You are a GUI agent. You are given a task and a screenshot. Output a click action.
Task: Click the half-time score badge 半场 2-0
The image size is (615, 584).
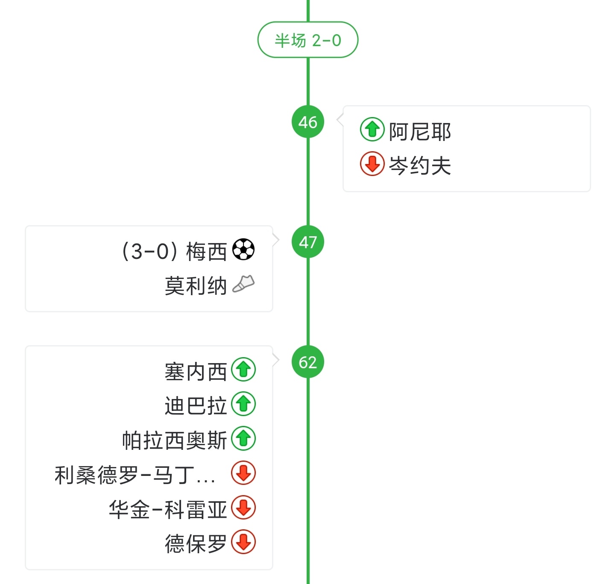pyautogui.click(x=307, y=40)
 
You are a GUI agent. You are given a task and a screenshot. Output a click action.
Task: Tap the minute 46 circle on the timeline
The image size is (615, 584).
pyautogui.click(x=307, y=122)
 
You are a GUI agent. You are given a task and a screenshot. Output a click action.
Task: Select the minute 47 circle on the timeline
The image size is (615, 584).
pyautogui.click(x=307, y=242)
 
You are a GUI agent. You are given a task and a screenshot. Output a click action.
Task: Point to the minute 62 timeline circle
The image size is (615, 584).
pyautogui.click(x=307, y=362)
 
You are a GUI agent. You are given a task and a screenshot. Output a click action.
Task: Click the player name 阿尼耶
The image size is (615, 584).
pyautogui.click(x=420, y=131)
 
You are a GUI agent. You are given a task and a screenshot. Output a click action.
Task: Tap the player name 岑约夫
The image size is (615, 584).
pyautogui.click(x=420, y=165)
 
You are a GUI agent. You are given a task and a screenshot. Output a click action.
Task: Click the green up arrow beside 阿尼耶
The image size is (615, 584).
pyautogui.click(x=372, y=129)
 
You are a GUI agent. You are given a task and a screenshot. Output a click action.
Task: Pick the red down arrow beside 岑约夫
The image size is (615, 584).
pyautogui.click(x=372, y=164)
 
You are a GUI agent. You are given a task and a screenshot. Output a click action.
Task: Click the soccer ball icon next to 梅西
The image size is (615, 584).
pyautogui.click(x=243, y=249)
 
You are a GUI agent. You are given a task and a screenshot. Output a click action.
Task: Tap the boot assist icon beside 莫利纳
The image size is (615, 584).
pyautogui.click(x=243, y=284)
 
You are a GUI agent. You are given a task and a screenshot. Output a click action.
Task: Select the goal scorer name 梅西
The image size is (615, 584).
pyautogui.click(x=206, y=251)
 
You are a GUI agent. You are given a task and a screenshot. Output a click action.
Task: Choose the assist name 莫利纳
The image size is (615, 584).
pyautogui.click(x=196, y=286)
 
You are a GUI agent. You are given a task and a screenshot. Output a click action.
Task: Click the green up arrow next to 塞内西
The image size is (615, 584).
pyautogui.click(x=243, y=370)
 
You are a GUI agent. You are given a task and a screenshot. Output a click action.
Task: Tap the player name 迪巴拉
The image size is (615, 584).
pyautogui.click(x=196, y=406)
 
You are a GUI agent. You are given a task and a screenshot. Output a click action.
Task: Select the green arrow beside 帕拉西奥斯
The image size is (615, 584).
pyautogui.click(x=243, y=439)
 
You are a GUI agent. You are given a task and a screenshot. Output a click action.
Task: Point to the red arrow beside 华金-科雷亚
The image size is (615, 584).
pyautogui.click(x=243, y=508)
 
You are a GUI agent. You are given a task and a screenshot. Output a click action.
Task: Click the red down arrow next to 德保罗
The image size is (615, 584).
pyautogui.click(x=243, y=542)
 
